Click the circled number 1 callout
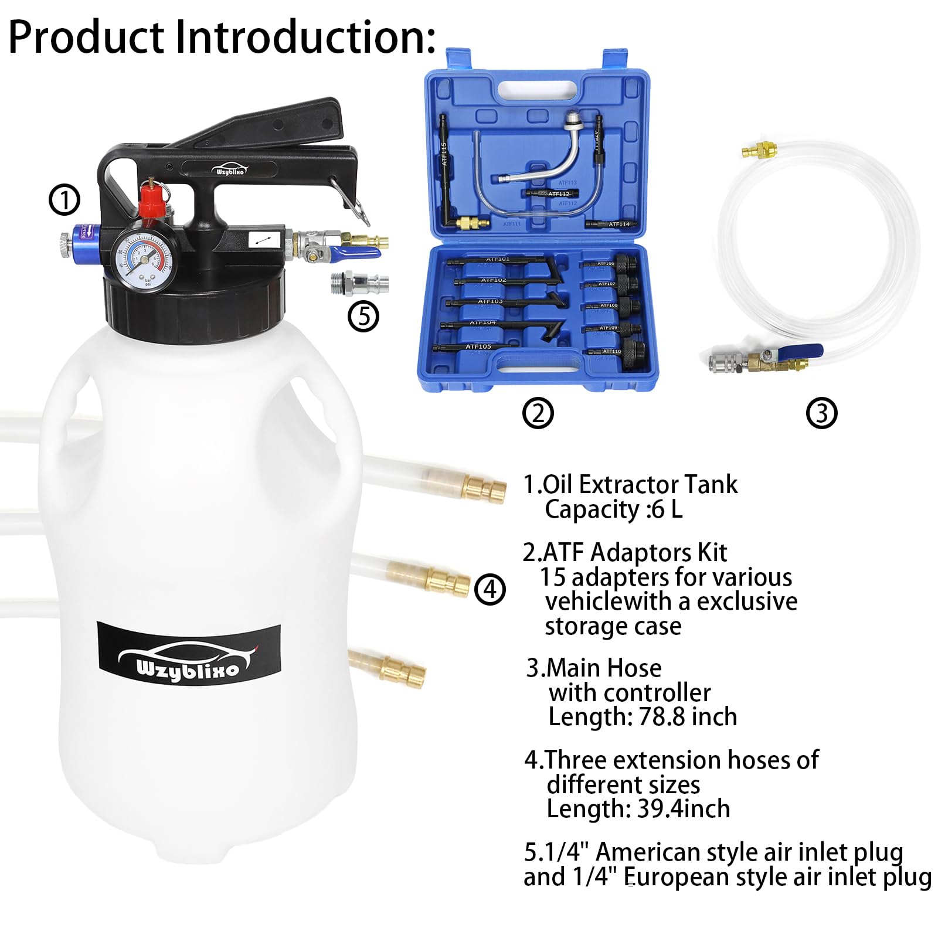[64, 200]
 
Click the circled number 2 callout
[538, 413]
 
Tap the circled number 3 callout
[821, 413]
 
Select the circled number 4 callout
[490, 589]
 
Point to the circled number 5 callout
[363, 317]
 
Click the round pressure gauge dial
[143, 259]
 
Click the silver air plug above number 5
[359, 284]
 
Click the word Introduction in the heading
[305, 36]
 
